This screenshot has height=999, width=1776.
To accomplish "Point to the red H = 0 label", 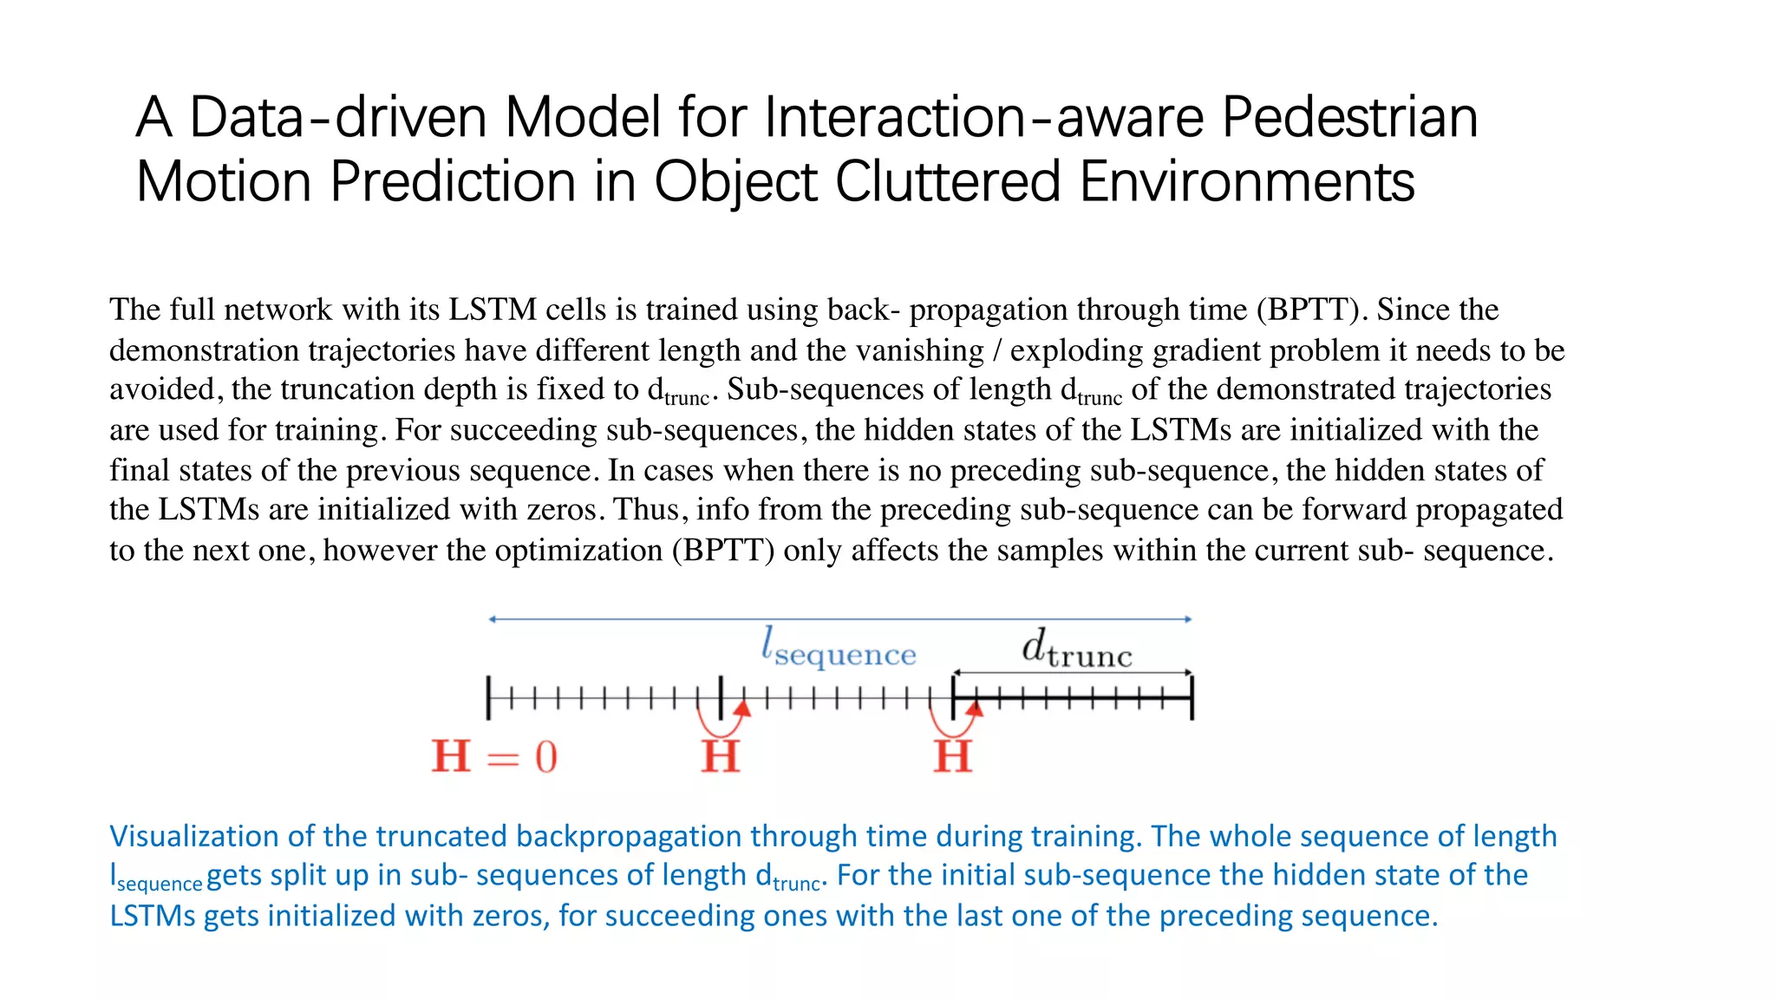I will pyautogui.click(x=494, y=756).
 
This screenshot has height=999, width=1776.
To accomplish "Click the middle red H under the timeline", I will pyautogui.click(x=721, y=756).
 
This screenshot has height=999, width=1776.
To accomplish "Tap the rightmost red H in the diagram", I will pyautogui.click(x=953, y=756).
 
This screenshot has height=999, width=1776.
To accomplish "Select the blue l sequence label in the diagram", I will pyautogui.click(x=839, y=649).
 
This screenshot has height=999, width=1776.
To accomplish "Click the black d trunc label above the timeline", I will pyautogui.click(x=1077, y=649).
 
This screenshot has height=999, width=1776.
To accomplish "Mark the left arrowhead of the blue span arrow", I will pyautogui.click(x=493, y=619).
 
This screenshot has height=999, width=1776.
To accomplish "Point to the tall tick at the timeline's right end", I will pyautogui.click(x=1192, y=697).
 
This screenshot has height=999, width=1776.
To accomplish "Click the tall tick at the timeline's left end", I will pyautogui.click(x=489, y=697).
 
